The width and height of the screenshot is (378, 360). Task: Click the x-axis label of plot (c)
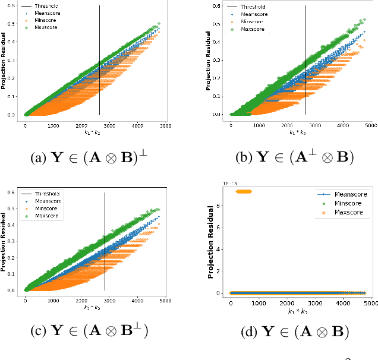click(x=94, y=310)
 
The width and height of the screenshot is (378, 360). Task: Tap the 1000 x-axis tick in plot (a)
click(x=53, y=126)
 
